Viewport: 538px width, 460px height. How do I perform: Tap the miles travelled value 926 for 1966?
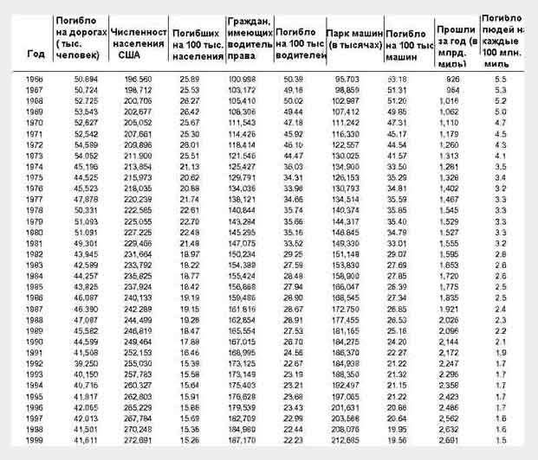(453, 79)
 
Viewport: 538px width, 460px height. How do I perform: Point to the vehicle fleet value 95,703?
(346, 79)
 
